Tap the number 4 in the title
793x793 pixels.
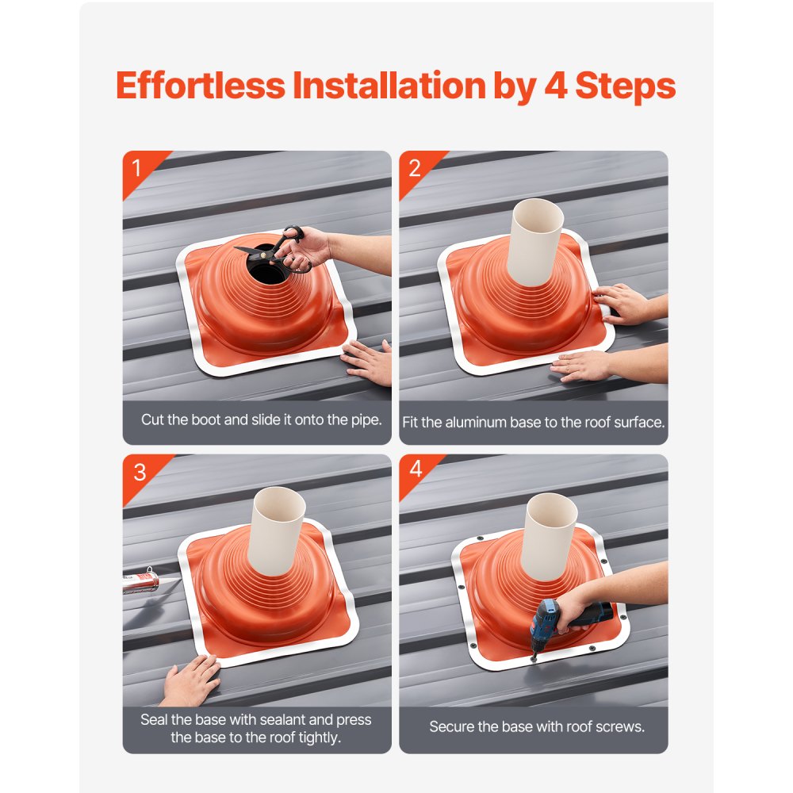click(558, 86)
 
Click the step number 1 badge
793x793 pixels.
click(136, 167)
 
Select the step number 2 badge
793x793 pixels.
click(414, 167)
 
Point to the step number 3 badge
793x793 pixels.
click(139, 472)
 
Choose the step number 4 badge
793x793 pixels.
click(416, 470)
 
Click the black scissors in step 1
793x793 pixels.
click(274, 247)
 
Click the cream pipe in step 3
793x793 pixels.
click(278, 527)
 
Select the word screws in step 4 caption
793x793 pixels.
click(615, 726)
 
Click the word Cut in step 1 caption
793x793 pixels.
click(152, 419)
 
